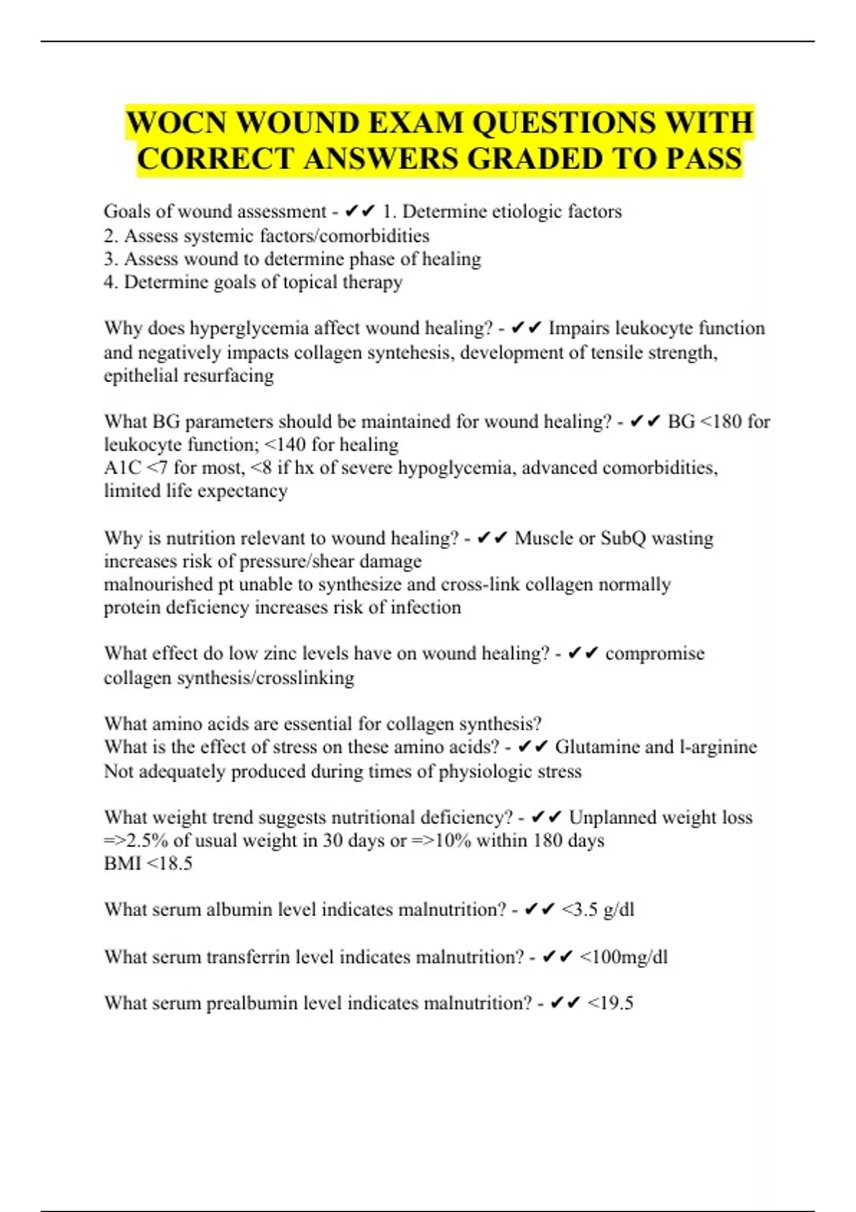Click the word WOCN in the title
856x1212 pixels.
coord(175,123)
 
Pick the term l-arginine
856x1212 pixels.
coord(718,747)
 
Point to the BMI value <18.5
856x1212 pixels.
coord(169,863)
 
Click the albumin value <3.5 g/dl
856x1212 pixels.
coord(598,910)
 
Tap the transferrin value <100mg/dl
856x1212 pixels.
coord(623,957)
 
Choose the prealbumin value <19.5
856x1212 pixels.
coord(610,1003)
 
